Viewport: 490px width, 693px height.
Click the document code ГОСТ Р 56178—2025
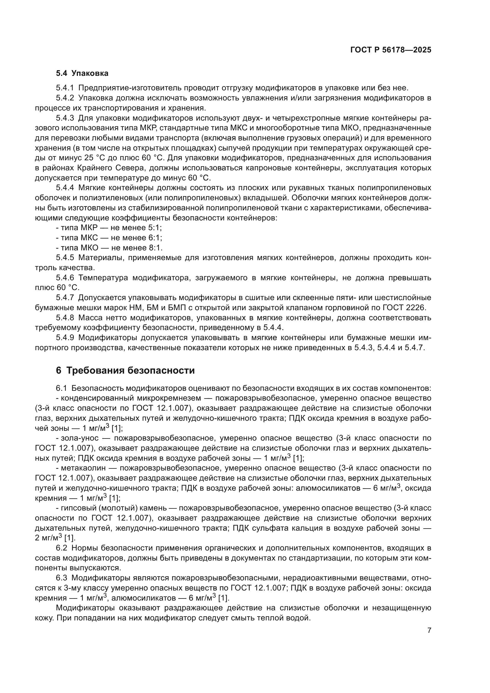pos(391,50)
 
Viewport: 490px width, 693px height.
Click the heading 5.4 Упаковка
pos(82,73)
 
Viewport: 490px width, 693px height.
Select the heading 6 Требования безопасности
pos(125,371)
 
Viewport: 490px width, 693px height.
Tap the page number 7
pos(429,630)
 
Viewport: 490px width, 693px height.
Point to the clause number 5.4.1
pos(65,88)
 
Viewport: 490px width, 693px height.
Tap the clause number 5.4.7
pos(65,298)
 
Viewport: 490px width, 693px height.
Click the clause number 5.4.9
pos(65,338)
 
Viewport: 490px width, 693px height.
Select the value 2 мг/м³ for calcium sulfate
pos(48,537)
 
